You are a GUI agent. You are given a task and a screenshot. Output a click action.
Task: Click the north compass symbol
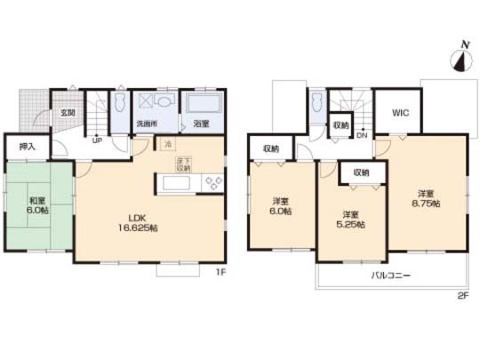[460, 56]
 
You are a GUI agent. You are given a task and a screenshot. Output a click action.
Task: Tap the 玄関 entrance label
[68, 114]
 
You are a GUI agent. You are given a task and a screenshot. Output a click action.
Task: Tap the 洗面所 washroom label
[146, 124]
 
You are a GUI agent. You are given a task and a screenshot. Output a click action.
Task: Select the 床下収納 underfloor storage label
[184, 164]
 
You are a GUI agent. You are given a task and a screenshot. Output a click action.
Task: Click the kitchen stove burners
[213, 183]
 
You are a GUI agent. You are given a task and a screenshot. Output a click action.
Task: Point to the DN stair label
[362, 136]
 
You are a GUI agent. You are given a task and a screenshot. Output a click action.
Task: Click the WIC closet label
[400, 114]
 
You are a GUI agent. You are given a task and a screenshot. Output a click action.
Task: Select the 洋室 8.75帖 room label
[426, 198]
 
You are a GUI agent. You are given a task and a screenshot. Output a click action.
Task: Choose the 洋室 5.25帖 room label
[350, 218]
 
